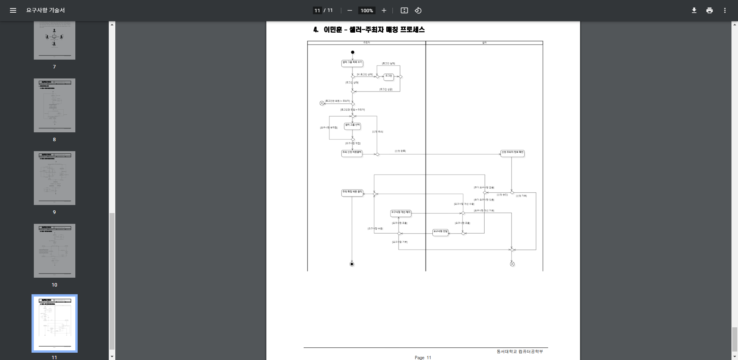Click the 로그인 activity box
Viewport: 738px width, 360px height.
(x=389, y=76)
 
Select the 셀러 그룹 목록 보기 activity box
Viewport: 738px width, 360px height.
(x=352, y=62)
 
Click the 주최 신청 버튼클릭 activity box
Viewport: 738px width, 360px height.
(x=352, y=152)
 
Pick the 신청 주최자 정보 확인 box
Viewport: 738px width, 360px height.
(x=512, y=152)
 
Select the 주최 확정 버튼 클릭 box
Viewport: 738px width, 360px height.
(x=352, y=192)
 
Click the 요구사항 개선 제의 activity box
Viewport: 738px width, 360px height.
(x=401, y=212)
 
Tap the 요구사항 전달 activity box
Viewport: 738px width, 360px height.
(x=440, y=232)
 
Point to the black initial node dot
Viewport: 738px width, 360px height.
(x=352, y=52)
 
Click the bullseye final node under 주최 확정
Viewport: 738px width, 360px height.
(x=352, y=264)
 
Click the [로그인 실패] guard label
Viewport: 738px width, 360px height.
(x=388, y=63)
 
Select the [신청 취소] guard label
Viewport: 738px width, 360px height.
(x=377, y=132)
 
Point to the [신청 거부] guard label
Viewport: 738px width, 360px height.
(x=521, y=196)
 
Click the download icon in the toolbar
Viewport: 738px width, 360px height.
(x=694, y=10)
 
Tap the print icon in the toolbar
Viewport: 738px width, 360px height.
(x=709, y=10)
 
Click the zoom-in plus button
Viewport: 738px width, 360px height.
(x=384, y=10)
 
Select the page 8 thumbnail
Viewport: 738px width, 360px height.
(x=55, y=105)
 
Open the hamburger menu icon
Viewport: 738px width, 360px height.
(x=13, y=10)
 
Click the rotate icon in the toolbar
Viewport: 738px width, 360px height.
(x=418, y=10)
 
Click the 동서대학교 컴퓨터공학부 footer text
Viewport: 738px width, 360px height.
(x=520, y=352)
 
